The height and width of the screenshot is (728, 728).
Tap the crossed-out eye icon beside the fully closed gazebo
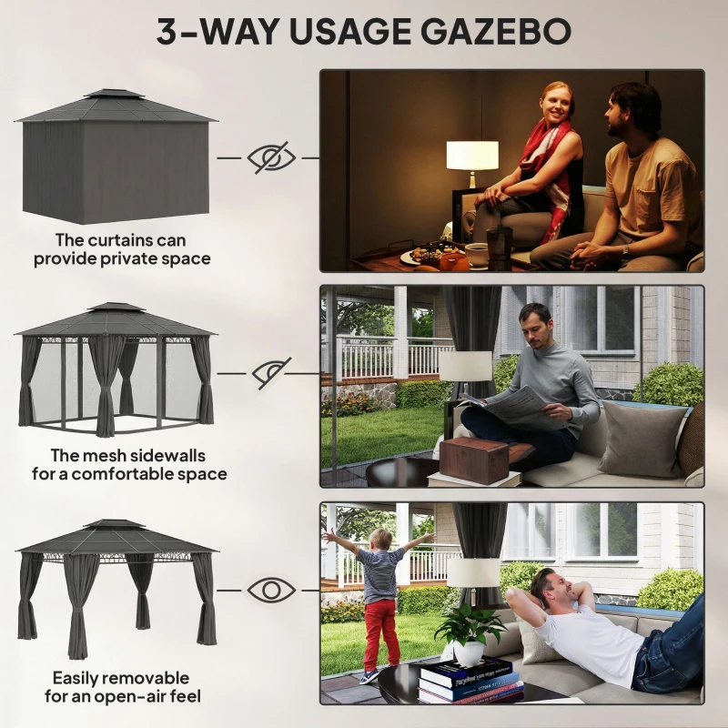tap(271, 157)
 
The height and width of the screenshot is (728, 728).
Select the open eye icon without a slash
tap(271, 590)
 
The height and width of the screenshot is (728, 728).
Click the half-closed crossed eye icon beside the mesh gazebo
tap(271, 373)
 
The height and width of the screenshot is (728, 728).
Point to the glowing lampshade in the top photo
tap(472, 156)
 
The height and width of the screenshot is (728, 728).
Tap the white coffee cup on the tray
tap(476, 255)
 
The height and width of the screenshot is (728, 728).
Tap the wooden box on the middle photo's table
tap(473, 460)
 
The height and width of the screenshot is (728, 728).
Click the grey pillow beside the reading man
tap(643, 439)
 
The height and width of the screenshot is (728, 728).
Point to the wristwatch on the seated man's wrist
tap(626, 250)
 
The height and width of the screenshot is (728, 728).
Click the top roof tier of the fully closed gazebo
tap(115, 94)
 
